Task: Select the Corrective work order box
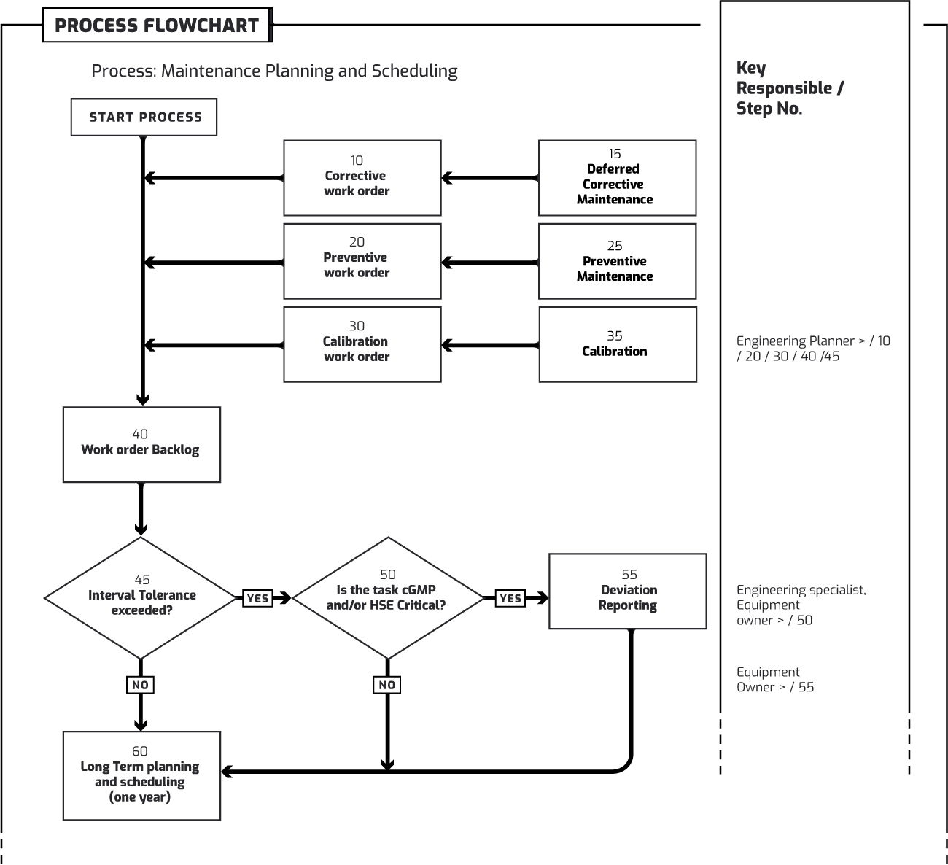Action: pyautogui.click(x=362, y=178)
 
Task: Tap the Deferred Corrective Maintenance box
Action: pyautogui.click(x=617, y=178)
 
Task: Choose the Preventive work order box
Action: pyautogui.click(x=362, y=261)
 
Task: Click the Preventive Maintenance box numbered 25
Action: pyautogui.click(x=617, y=261)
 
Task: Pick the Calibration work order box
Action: pyautogui.click(x=362, y=344)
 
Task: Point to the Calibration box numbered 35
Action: pyautogui.click(x=618, y=344)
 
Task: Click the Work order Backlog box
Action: pyautogui.click(x=141, y=444)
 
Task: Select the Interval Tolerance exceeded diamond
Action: pyautogui.click(x=141, y=598)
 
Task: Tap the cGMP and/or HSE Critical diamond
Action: pyautogui.click(x=387, y=598)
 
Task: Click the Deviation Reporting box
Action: pyautogui.click(x=627, y=591)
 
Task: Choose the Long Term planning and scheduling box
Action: pyautogui.click(x=141, y=775)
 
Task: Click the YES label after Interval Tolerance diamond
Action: pyautogui.click(x=257, y=598)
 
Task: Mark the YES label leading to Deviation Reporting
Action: pyautogui.click(x=510, y=598)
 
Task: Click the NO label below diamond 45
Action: pyautogui.click(x=140, y=685)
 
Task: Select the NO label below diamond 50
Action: pyautogui.click(x=387, y=685)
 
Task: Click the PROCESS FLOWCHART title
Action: pyautogui.click(x=157, y=26)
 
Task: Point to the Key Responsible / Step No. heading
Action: pyautogui.click(x=790, y=88)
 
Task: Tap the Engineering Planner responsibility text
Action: pyautogui.click(x=812, y=349)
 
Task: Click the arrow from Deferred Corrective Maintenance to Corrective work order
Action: pyautogui.click(x=490, y=178)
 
